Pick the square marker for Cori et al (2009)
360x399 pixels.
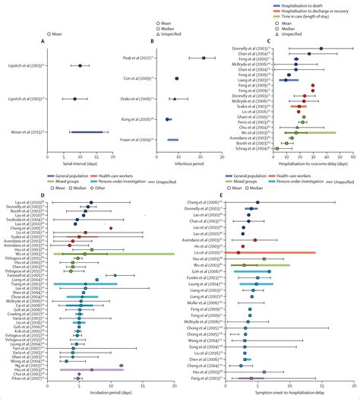pos(177,78)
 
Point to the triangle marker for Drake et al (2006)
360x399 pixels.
pos(175,99)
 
